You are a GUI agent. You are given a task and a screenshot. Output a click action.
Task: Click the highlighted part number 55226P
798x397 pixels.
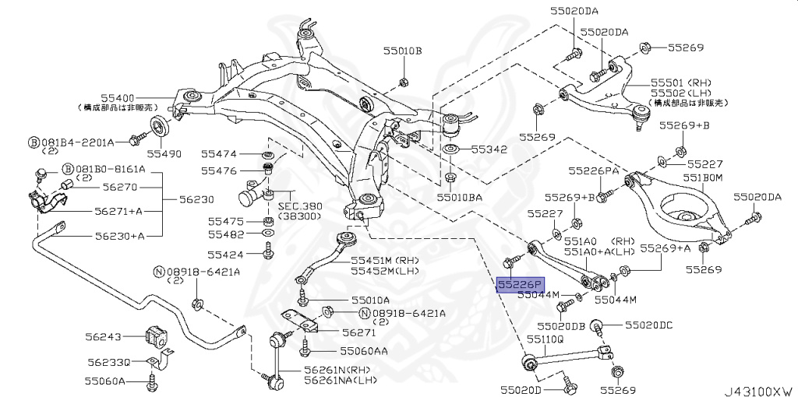point(521,284)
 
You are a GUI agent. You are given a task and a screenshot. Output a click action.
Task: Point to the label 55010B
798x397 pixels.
point(401,51)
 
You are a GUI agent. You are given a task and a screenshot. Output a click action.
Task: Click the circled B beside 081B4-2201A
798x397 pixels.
point(34,142)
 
